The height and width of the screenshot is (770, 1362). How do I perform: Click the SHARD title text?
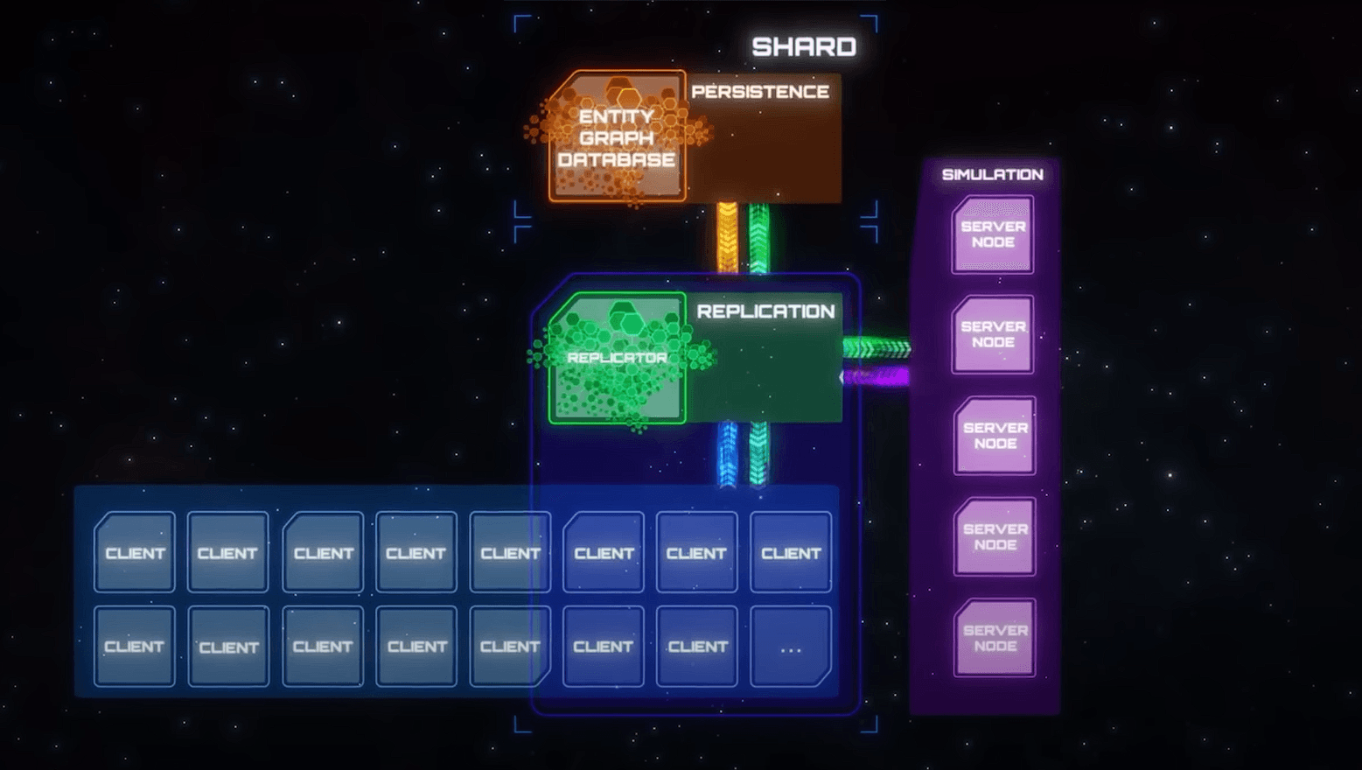tap(803, 46)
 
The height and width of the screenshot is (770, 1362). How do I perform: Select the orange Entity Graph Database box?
tap(617, 137)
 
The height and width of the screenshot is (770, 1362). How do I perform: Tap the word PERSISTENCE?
tap(759, 92)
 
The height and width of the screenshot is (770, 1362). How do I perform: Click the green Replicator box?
tap(617, 358)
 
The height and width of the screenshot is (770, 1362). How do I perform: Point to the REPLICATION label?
tap(765, 311)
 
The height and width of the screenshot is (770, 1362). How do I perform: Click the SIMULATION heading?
tap(992, 174)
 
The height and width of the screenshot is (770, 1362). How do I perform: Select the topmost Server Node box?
tap(993, 234)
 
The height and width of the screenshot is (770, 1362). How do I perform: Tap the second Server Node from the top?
tap(993, 334)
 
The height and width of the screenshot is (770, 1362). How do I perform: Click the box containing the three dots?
tap(790, 647)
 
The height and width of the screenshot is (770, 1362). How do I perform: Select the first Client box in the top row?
tap(135, 552)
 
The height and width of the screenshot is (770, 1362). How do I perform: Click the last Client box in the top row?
tap(790, 552)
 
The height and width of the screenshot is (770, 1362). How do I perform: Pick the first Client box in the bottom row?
tap(134, 647)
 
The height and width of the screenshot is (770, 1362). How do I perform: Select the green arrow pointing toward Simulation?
tap(877, 348)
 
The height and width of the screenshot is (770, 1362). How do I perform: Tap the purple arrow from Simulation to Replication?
tap(877, 377)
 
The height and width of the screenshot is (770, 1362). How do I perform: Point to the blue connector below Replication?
tap(728, 454)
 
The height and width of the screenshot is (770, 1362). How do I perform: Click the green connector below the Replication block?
tap(758, 454)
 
